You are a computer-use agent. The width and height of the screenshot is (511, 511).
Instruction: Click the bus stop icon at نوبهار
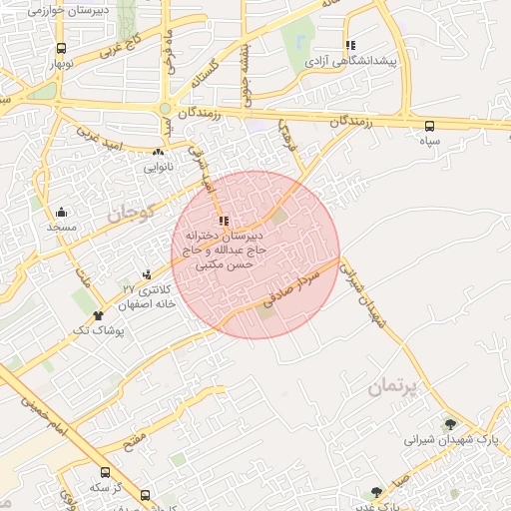62,48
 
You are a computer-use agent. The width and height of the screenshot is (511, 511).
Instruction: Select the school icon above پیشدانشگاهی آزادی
350,45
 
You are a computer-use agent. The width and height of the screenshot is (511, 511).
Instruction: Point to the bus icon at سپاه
430,126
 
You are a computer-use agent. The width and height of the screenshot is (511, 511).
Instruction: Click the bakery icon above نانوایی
158,152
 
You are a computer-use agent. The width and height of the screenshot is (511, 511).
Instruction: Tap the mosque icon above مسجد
62,212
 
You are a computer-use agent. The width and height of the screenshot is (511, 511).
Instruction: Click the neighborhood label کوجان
128,212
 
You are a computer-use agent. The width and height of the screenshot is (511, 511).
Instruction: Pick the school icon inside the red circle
223,220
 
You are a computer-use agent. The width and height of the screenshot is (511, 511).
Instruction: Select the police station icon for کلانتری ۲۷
148,273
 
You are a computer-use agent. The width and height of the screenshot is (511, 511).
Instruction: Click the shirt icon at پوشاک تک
99,315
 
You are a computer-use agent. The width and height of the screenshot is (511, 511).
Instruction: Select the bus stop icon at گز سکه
105,472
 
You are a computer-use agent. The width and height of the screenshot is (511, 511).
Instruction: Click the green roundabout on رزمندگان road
165,108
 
